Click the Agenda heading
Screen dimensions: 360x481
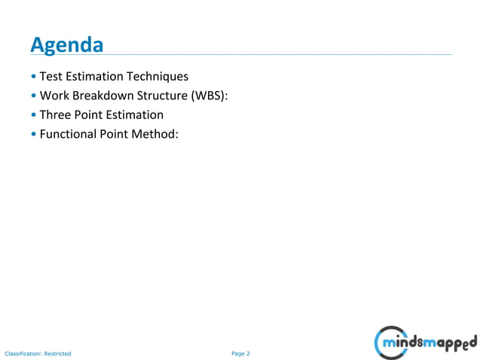tap(66, 45)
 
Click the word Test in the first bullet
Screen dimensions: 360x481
tap(51, 77)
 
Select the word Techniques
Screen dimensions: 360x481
tap(158, 77)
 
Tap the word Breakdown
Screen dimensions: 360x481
tap(103, 96)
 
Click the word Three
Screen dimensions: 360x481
tap(56, 115)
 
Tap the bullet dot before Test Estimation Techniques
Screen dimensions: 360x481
tap(34, 78)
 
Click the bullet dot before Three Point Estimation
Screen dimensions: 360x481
tap(34, 116)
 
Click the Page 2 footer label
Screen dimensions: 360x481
tap(240, 352)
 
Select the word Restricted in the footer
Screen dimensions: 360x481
tap(57, 352)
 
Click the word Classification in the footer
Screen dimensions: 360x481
tap(22, 352)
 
